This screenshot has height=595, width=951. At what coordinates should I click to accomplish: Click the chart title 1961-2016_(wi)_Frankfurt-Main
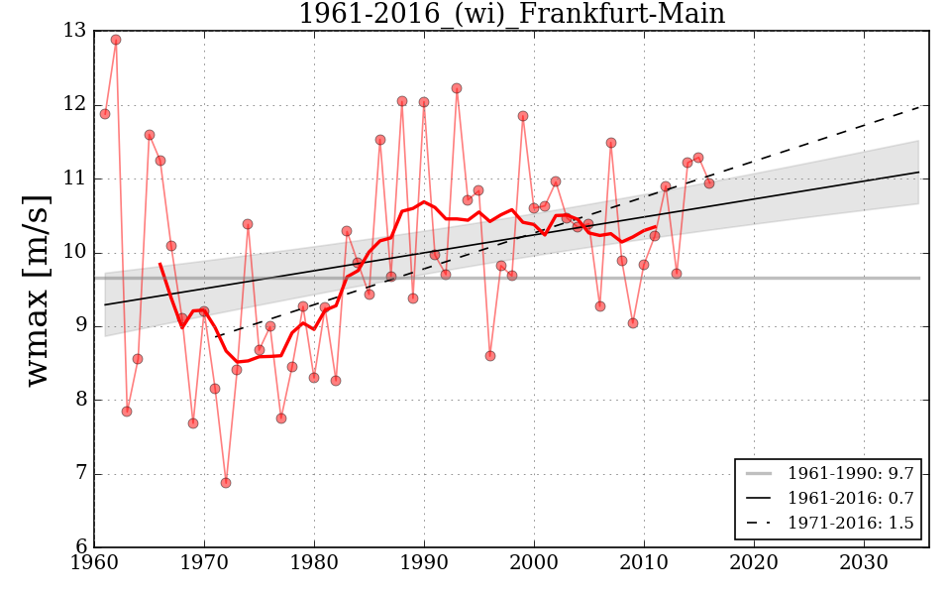click(511, 14)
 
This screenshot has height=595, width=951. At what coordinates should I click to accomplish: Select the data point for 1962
click(116, 40)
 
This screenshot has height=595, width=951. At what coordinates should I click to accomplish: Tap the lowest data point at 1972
click(226, 483)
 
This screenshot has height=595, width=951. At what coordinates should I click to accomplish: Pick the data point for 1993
click(457, 88)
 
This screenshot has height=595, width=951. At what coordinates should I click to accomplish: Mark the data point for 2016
click(709, 183)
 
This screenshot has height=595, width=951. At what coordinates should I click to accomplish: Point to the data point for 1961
click(105, 114)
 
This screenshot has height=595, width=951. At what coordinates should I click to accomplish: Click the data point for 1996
click(490, 356)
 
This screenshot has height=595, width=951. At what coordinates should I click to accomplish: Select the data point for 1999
click(523, 116)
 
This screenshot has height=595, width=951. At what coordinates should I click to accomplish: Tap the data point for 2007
click(611, 143)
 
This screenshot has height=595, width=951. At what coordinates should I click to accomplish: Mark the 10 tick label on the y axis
click(74, 253)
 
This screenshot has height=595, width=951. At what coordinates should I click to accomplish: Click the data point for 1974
click(248, 224)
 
